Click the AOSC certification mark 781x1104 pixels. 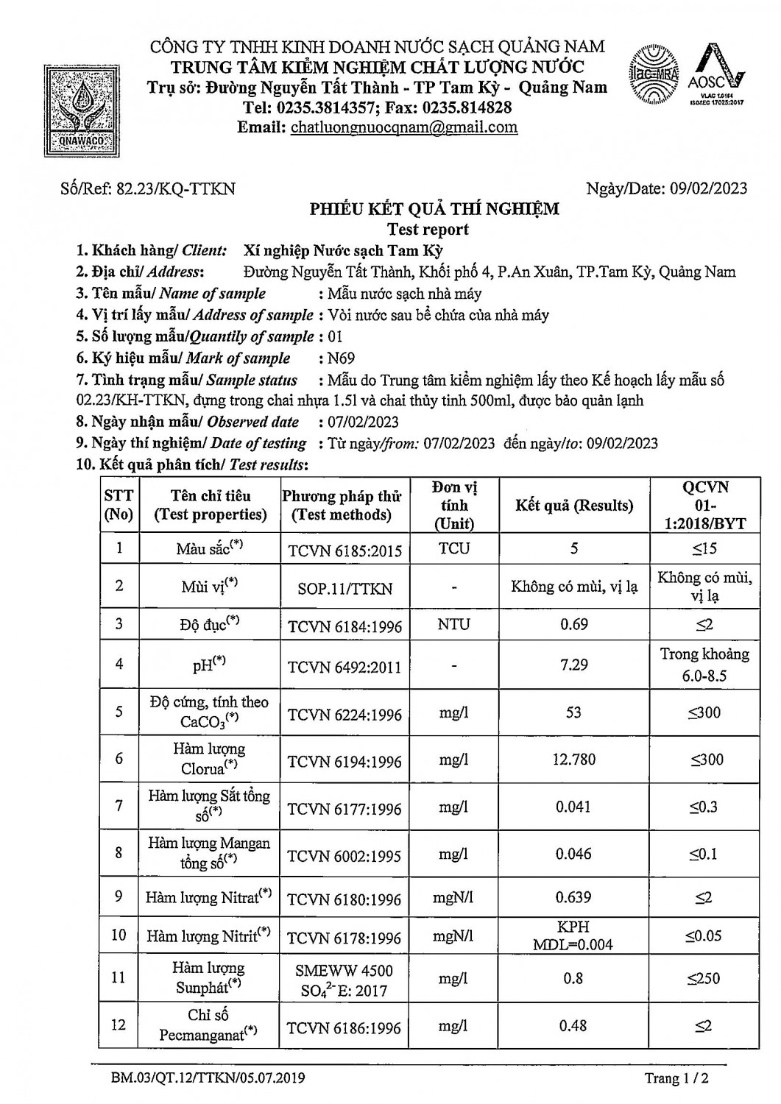click(x=715, y=75)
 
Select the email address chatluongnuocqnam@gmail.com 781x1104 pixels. click(x=404, y=127)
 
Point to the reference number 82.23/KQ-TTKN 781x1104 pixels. click(x=176, y=188)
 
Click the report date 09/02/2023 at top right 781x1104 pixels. click(x=708, y=188)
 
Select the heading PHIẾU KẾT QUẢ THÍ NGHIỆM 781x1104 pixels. click(x=434, y=209)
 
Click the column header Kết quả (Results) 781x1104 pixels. click(x=574, y=506)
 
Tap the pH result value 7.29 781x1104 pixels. click(x=574, y=665)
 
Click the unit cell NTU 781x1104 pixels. click(x=453, y=624)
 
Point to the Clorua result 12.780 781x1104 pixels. click(x=574, y=759)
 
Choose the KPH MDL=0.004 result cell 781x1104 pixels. click(x=574, y=935)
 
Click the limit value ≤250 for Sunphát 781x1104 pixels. click(x=704, y=978)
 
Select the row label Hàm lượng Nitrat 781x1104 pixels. click(x=208, y=897)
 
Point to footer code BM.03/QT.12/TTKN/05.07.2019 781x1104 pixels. click(x=208, y=1078)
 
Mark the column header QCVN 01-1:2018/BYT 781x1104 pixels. click(x=704, y=506)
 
